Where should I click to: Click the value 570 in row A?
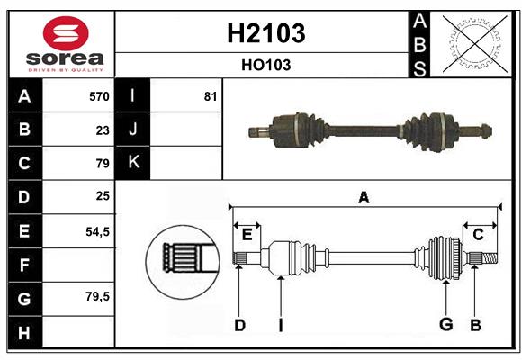click(x=99, y=96)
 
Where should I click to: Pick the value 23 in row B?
click(x=103, y=130)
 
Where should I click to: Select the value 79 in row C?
click(x=103, y=164)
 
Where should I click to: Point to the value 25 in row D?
click(x=103, y=196)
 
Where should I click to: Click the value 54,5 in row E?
click(x=97, y=231)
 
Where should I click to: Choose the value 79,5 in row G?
click(x=97, y=296)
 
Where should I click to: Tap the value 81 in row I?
click(x=210, y=96)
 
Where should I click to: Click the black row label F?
click(x=24, y=265)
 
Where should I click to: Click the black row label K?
click(x=133, y=163)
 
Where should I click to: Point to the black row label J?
click(x=133, y=130)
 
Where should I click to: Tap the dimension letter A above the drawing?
click(x=364, y=197)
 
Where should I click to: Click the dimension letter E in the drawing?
click(x=247, y=234)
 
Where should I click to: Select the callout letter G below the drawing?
click(x=445, y=324)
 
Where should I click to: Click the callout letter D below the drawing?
click(x=239, y=324)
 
